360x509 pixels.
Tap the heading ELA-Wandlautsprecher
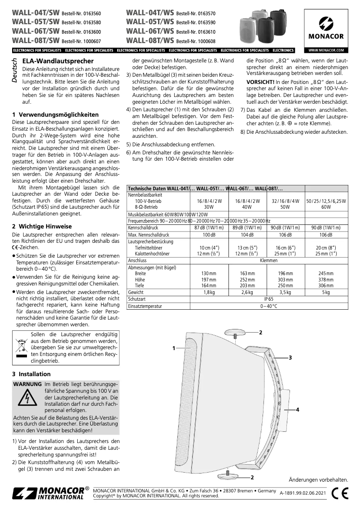coord(58,61)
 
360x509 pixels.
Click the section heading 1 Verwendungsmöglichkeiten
coord(55,114)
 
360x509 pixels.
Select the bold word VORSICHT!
coord(262,82)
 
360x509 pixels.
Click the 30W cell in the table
coord(209,207)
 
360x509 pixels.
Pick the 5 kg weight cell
coord(326,292)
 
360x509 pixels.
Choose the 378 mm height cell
coord(326,279)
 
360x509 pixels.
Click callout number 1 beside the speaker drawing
coord(174,348)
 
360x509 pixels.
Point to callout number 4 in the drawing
coord(297,409)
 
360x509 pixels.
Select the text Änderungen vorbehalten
coord(318,480)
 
